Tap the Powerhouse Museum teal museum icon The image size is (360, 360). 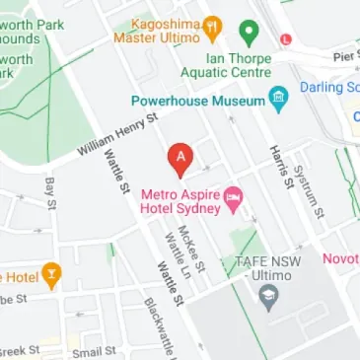279,99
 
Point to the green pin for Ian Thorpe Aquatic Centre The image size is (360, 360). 251,33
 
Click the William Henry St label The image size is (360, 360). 118,137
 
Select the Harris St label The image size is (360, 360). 279,164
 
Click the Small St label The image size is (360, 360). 93,350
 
